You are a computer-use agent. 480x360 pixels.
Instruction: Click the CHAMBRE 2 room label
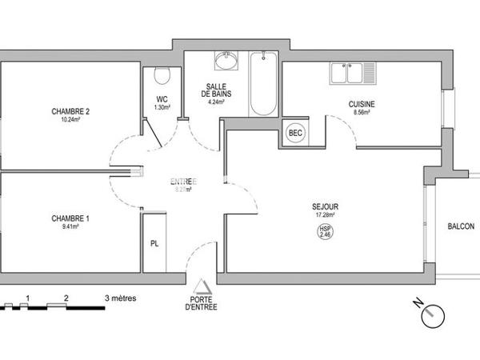click(x=70, y=111)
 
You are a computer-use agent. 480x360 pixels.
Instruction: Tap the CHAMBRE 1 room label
click(x=70, y=218)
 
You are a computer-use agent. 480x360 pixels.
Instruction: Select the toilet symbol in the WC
click(x=162, y=75)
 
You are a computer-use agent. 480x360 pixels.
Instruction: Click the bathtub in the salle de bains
click(x=262, y=84)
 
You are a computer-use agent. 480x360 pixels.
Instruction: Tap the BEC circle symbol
click(x=295, y=133)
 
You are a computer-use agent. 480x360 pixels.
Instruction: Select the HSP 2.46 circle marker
click(x=324, y=231)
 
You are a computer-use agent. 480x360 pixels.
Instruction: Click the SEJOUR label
click(x=324, y=206)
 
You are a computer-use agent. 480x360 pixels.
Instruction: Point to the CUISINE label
click(x=362, y=105)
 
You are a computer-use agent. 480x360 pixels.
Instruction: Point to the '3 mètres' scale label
click(x=120, y=298)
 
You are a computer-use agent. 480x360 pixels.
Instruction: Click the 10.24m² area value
click(x=70, y=120)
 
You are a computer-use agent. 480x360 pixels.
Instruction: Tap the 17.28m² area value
click(x=324, y=214)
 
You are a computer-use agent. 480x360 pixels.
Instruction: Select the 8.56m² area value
click(x=362, y=114)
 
